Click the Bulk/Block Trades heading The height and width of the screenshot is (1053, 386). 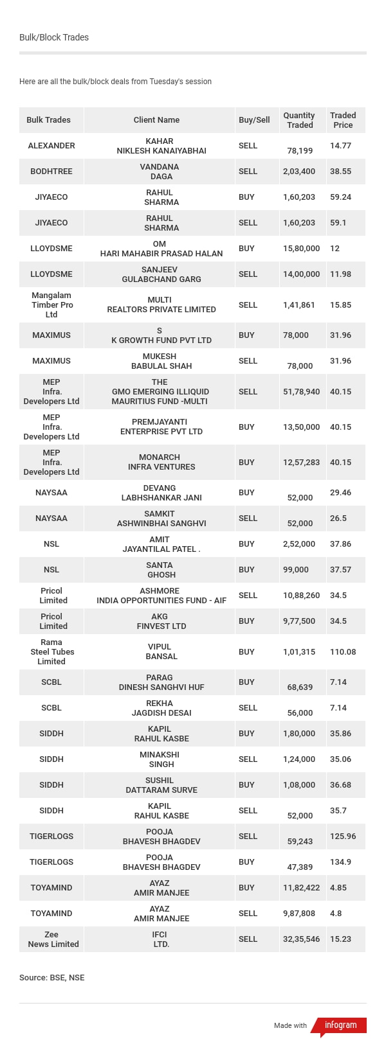pyautogui.click(x=54, y=37)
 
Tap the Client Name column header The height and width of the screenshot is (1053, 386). pyautogui.click(x=156, y=120)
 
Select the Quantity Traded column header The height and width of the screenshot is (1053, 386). pyautogui.click(x=299, y=120)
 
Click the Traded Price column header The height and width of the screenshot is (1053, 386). pyautogui.click(x=343, y=120)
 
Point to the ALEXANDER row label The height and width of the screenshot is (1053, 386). pyautogui.click(x=51, y=146)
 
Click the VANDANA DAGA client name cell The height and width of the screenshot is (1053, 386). pyautogui.click(x=160, y=172)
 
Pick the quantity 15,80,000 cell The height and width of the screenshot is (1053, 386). pyautogui.click(x=301, y=249)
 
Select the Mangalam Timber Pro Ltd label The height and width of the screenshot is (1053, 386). pyautogui.click(x=51, y=305)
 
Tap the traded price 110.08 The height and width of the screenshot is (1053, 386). pyautogui.click(x=343, y=652)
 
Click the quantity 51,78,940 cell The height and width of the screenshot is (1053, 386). pyautogui.click(x=301, y=392)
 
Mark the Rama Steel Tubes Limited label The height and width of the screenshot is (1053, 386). pyautogui.click(x=51, y=652)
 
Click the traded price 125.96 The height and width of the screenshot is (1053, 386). pyautogui.click(x=343, y=836)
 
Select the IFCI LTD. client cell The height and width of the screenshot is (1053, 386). pyautogui.click(x=160, y=939)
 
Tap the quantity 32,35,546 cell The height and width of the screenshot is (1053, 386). pyautogui.click(x=301, y=939)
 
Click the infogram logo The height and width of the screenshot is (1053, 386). pyautogui.click(x=340, y=1025)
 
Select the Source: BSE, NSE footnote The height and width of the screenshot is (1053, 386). pyautogui.click(x=52, y=978)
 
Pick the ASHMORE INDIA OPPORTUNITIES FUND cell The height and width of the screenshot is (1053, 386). pyautogui.click(x=161, y=596)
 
